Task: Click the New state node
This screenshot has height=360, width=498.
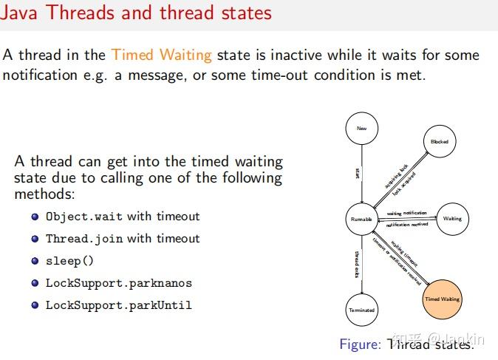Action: coord(361,129)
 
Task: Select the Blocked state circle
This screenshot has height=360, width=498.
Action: coord(439,141)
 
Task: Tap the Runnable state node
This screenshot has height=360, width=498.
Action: coord(361,219)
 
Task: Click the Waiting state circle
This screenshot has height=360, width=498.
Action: coord(452,219)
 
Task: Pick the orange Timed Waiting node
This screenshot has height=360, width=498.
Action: coord(442,299)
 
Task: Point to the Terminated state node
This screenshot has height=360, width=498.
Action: coord(361,310)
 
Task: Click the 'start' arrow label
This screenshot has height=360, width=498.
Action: coord(357,173)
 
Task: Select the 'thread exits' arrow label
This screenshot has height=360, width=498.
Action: coord(356,264)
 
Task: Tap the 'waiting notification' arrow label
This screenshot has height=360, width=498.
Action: coord(407,213)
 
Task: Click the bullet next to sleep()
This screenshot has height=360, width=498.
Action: coord(35,261)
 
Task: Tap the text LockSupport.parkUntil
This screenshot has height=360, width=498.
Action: coord(118,305)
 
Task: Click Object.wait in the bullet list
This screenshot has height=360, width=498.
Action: coord(85,217)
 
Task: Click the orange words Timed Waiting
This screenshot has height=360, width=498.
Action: coord(162,55)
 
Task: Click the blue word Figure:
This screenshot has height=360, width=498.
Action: coord(360,344)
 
